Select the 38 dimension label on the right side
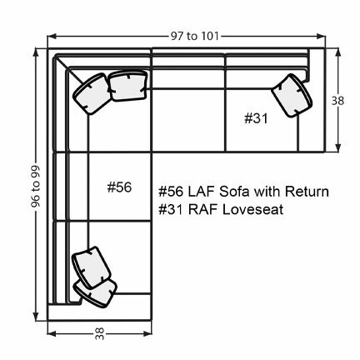pyautogui.click(x=337, y=101)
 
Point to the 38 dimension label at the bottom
pyautogui.click(x=99, y=335)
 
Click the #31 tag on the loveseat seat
pyautogui.click(x=256, y=118)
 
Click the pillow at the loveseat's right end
pyautogui.click(x=293, y=95)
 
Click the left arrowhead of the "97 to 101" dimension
pyautogui.click(x=52, y=37)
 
